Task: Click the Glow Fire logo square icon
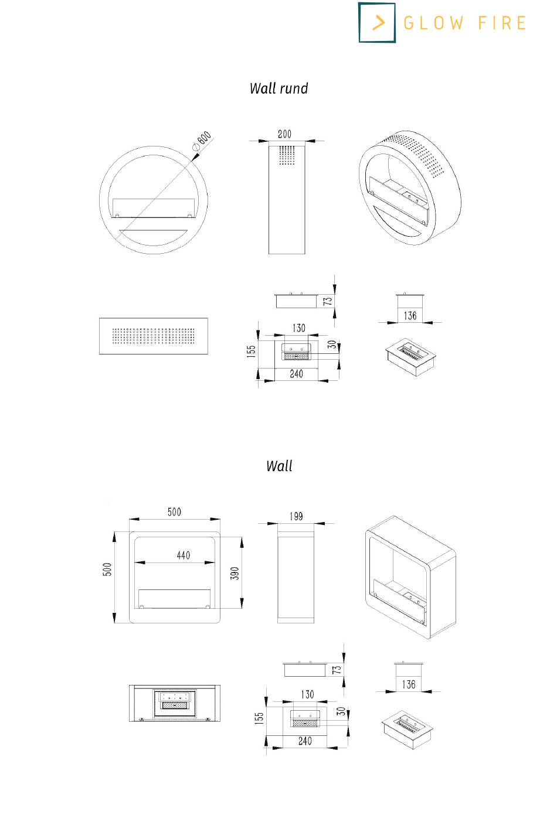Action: pyautogui.click(x=377, y=23)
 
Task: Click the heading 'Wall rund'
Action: pyautogui.click(x=278, y=88)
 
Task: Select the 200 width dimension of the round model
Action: pyautogui.click(x=284, y=134)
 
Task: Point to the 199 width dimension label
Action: pyautogui.click(x=296, y=516)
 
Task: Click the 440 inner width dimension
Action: pyautogui.click(x=184, y=555)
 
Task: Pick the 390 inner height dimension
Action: pyautogui.click(x=235, y=573)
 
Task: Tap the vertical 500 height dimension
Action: pyautogui.click(x=107, y=569)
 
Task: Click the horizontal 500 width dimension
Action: pyautogui.click(x=174, y=512)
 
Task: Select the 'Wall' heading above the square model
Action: pyautogui.click(x=279, y=466)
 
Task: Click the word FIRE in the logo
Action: pyautogui.click(x=502, y=23)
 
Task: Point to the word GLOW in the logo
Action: pyautogui.click(x=433, y=23)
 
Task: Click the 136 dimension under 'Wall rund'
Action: pyautogui.click(x=410, y=316)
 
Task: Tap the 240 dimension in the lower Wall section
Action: pyautogui.click(x=305, y=741)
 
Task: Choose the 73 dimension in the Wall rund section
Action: pyautogui.click(x=328, y=301)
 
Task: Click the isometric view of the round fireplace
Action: pyautogui.click(x=410, y=187)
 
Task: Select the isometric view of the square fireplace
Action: pyautogui.click(x=410, y=577)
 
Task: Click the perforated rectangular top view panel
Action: pyautogui.click(x=154, y=336)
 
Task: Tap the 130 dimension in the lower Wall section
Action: pyautogui.click(x=307, y=694)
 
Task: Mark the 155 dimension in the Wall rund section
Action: pyautogui.click(x=252, y=351)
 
